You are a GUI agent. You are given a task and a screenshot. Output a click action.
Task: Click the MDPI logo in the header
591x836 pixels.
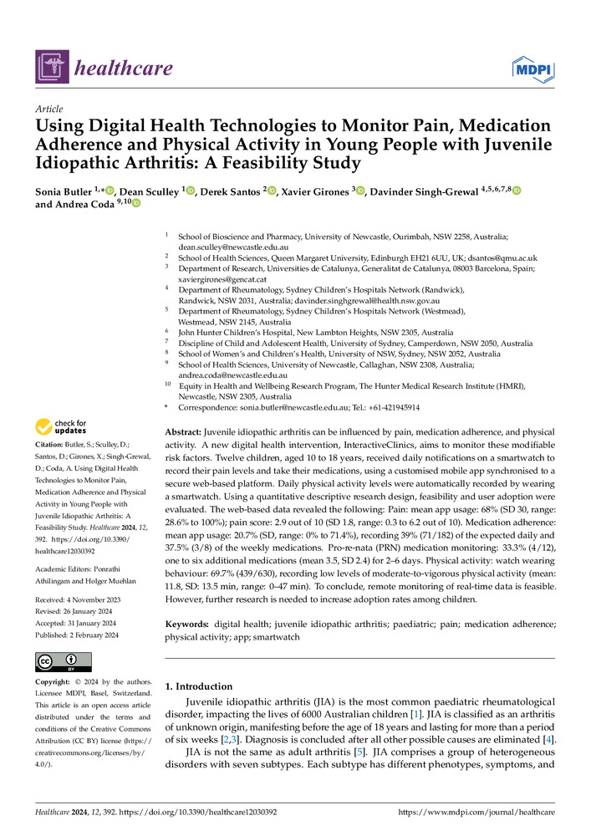click(532, 66)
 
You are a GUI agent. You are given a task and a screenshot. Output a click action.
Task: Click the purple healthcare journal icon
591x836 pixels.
click(51, 67)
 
